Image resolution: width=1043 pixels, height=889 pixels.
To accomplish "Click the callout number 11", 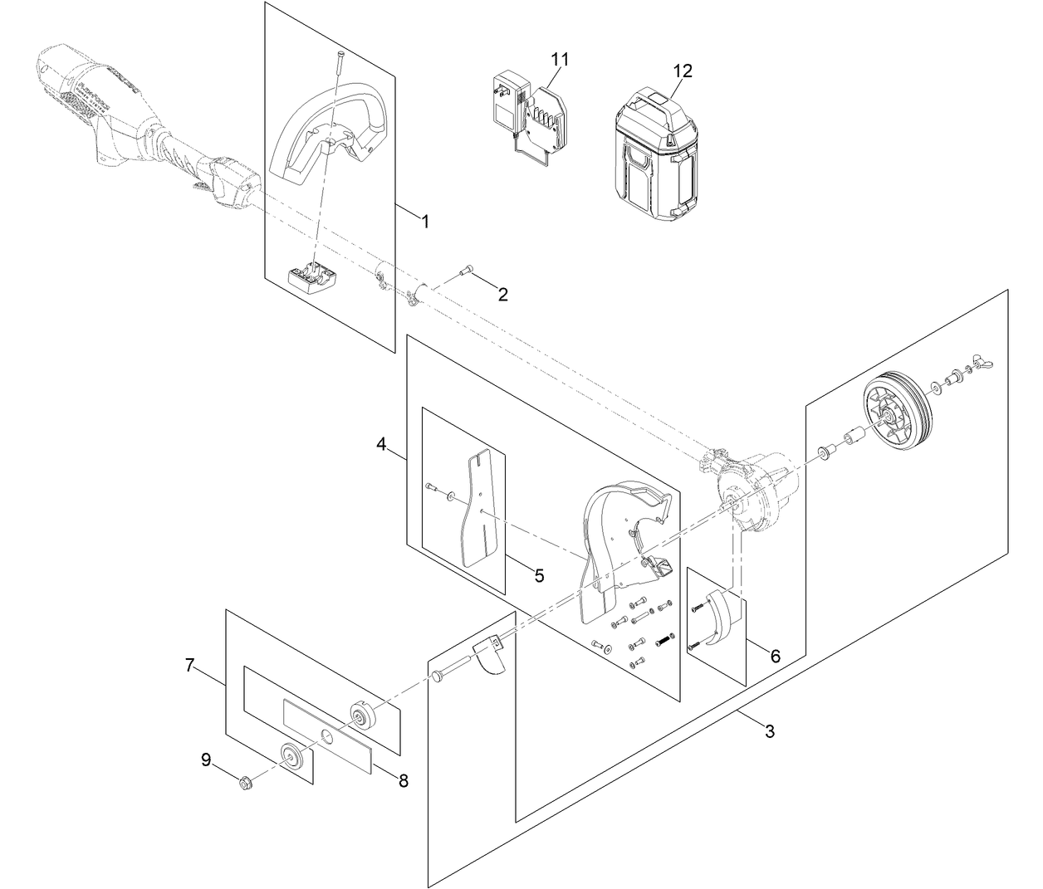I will tap(560, 59).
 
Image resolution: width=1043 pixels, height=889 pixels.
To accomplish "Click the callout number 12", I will tap(682, 71).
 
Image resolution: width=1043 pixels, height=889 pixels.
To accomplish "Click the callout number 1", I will tap(424, 222).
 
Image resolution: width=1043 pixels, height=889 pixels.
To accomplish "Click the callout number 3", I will tap(769, 731).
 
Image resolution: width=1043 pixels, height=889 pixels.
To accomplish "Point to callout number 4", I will tap(381, 445).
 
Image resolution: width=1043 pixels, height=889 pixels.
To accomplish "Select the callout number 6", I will tap(775, 656).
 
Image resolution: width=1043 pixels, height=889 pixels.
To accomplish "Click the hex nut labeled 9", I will tap(246, 782).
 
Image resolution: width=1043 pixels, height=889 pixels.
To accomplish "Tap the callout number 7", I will tap(190, 665).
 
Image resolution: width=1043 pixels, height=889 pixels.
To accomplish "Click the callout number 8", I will tap(404, 780).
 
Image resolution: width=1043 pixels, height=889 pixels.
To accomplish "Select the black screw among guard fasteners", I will tap(664, 640).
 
